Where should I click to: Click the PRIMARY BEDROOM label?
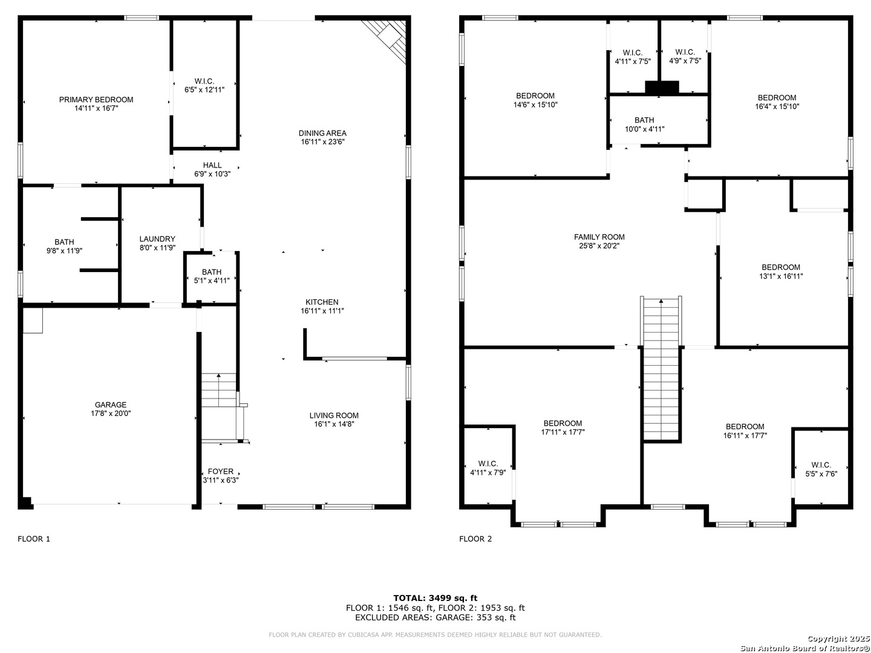pos(96,100)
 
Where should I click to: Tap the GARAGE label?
pos(111,404)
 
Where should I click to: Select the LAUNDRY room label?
pos(157,239)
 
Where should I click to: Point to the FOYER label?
pos(221,472)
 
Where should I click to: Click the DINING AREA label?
pos(322,133)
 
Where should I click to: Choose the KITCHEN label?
pos(322,302)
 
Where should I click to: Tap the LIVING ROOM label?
pos(334,415)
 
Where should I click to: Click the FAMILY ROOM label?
pos(599,237)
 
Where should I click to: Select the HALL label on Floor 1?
pos(212,165)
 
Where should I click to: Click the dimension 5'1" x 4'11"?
pos(212,281)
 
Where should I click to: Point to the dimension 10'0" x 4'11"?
pos(644,129)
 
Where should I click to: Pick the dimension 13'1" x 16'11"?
pos(781,276)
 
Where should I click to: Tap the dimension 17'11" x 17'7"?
pos(563,432)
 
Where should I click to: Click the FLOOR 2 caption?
pos(475,539)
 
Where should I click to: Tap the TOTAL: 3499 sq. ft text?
pos(435,598)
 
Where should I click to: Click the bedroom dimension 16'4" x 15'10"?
pos(777,106)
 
